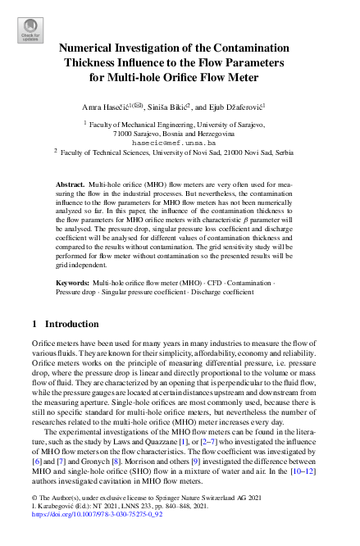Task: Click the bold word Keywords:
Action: click(x=73, y=281)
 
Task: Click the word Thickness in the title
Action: click(x=89, y=62)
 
